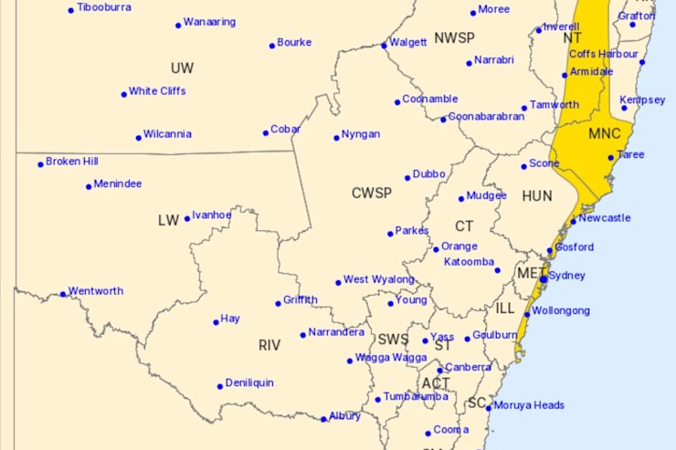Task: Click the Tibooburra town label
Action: pos(104,6)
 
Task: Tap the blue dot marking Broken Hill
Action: pos(40,164)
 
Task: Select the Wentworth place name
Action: pos(96,291)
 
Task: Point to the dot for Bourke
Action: pos(272,45)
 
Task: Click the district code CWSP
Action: pos(371,193)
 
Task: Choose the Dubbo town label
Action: pos(428,173)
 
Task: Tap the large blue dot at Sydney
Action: pos(543,278)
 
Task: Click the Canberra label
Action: pos(468,367)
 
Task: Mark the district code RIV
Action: pos(269,345)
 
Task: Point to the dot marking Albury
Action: pos(323,419)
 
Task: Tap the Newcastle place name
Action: pos(605,217)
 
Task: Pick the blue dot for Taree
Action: pos(611,157)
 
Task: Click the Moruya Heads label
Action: pos(529,405)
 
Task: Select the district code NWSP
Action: pos(454,37)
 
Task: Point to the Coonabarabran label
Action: pos(486,117)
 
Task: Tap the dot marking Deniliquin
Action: pos(220,386)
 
